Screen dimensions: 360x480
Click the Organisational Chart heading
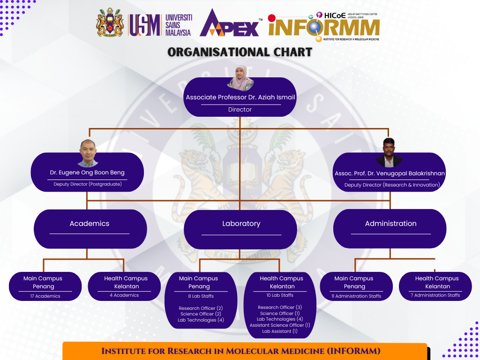click(x=240, y=52)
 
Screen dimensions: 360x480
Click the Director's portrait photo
click(x=240, y=78)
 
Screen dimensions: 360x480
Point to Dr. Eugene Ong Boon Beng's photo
click(x=88, y=153)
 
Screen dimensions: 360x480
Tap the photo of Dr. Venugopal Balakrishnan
click(x=390, y=153)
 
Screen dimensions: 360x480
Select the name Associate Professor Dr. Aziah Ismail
click(x=240, y=97)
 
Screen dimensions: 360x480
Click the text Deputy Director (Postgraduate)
click(x=88, y=184)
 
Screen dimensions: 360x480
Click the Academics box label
click(x=90, y=224)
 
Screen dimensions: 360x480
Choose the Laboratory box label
click(x=241, y=224)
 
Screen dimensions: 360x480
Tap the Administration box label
click(x=390, y=224)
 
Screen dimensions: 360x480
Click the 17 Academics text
click(x=45, y=296)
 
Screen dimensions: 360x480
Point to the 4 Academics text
click(x=124, y=295)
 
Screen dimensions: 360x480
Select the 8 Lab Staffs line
click(x=201, y=296)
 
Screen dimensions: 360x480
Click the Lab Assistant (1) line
click(x=280, y=331)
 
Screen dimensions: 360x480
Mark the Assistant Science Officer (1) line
click(x=280, y=325)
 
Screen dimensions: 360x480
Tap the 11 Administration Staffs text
click(x=356, y=296)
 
